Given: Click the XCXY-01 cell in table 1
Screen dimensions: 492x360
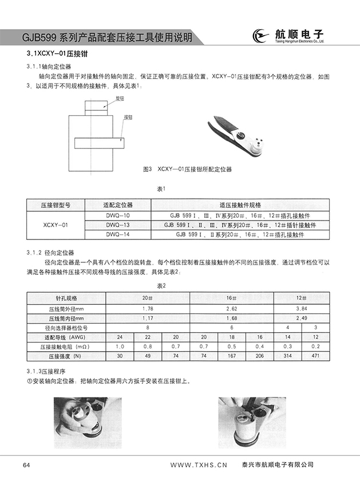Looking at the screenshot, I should tap(56, 225).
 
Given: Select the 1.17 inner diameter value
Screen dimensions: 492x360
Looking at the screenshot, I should tap(148, 318).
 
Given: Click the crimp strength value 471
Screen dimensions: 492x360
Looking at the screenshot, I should tap(316, 356).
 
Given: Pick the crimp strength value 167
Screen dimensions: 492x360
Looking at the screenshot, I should tap(232, 356).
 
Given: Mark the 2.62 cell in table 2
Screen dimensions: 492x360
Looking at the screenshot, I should tap(232, 309).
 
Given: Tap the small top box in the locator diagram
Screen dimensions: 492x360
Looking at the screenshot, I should tap(95, 105).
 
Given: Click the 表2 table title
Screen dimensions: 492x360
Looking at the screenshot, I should tap(161, 286).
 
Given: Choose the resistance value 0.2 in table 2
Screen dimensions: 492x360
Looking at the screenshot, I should tap(316, 347).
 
